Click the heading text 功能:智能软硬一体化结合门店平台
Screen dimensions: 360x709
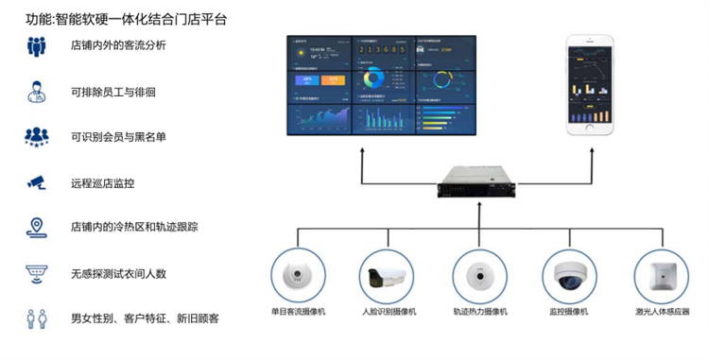click(126, 18)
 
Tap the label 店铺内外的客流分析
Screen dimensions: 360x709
click(118, 45)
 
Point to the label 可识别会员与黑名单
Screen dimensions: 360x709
click(118, 137)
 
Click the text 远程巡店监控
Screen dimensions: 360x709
click(102, 182)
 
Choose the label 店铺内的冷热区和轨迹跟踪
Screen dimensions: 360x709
click(133, 228)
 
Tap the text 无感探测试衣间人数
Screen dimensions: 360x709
click(118, 273)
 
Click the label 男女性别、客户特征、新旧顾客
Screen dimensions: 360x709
click(145, 318)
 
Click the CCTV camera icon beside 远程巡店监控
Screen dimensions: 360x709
click(36, 182)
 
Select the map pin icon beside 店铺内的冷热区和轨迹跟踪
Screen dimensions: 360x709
click(36, 228)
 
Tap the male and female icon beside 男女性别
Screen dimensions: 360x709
click(36, 318)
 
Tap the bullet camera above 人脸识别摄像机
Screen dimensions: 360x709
click(389, 276)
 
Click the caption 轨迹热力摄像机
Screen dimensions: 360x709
click(480, 311)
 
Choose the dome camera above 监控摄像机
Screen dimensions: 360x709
click(572, 276)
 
